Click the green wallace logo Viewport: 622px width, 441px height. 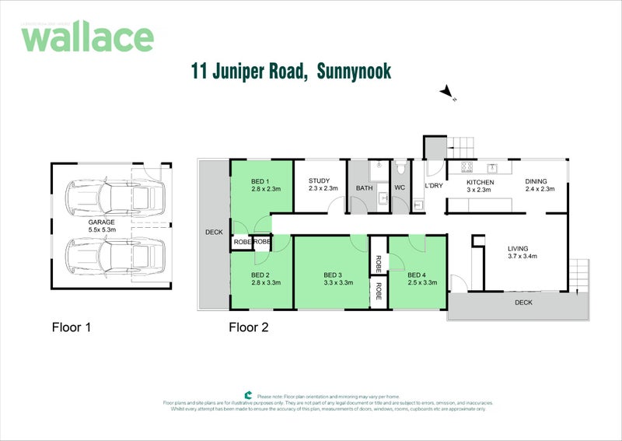pyautogui.click(x=86, y=37)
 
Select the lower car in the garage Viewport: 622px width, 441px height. pyautogui.click(x=117, y=254)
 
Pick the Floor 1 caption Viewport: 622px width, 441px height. pyautogui.click(x=71, y=327)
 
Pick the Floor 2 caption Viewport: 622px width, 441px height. pyautogui.click(x=248, y=327)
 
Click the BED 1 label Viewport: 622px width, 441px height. pyautogui.click(x=260, y=180)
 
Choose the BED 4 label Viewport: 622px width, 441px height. pyautogui.click(x=418, y=275)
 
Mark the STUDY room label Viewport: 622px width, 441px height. pyautogui.click(x=319, y=180)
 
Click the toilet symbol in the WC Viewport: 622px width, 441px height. pyautogui.click(x=400, y=168)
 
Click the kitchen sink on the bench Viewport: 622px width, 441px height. pyautogui.click(x=493, y=167)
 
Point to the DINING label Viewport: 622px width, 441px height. pyautogui.click(x=536, y=181)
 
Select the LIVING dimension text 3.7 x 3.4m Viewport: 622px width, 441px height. pyautogui.click(x=523, y=256)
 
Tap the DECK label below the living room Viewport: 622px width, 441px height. pyautogui.click(x=523, y=303)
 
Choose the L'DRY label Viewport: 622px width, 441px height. pyautogui.click(x=433, y=186)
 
